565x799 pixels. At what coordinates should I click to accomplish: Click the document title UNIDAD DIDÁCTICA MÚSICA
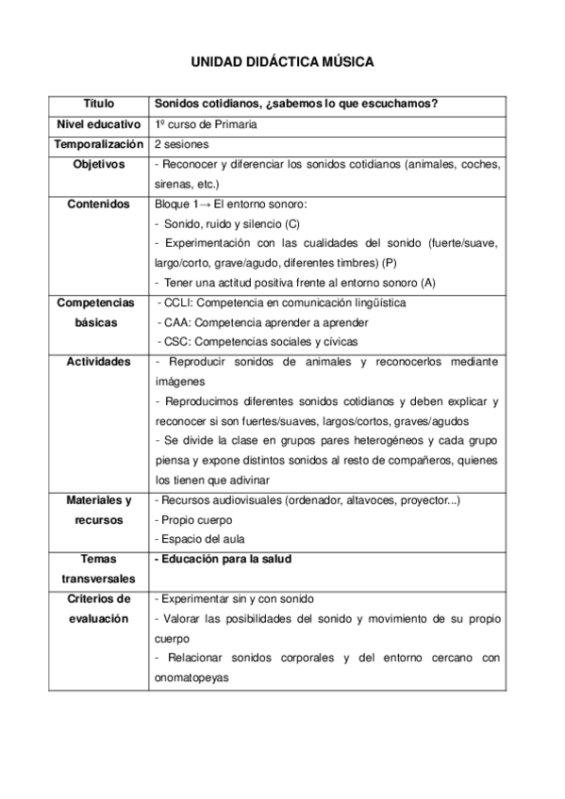coord(282,62)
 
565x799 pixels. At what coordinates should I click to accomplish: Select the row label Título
coord(97,104)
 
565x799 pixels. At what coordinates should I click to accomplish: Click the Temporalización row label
coord(98,144)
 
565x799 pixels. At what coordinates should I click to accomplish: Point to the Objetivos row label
coord(98,164)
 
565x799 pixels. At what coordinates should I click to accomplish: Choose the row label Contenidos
coord(98,204)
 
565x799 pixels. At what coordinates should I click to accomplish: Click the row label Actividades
coord(98,362)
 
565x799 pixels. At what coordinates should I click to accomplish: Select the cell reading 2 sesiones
coord(181,144)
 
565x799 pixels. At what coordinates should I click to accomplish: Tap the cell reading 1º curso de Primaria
coord(205,124)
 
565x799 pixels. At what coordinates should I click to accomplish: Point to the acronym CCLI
coord(176,302)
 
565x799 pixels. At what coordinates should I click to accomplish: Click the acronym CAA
coord(175,322)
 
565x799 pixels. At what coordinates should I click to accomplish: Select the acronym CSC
coord(175,342)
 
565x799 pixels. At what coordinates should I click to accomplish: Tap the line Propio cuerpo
coord(192,519)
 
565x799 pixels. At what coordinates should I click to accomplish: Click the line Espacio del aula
coord(199,539)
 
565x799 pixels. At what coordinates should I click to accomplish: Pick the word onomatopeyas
coord(190,677)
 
